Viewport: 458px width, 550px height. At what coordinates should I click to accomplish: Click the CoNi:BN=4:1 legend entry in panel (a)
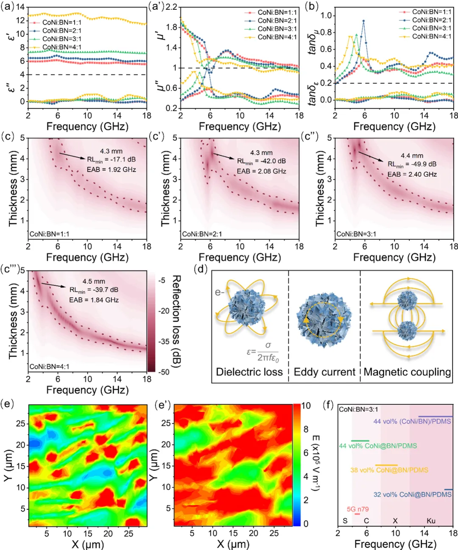(x=61, y=47)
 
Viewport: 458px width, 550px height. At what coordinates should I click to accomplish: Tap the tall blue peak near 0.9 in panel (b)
(x=363, y=21)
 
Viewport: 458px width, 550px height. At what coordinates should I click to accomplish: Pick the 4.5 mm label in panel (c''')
(x=94, y=281)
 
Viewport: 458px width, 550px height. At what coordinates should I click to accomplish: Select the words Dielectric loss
(x=249, y=372)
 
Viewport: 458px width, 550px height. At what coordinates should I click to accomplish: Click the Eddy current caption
(x=324, y=372)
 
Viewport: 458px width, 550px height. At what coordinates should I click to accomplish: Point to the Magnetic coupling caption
(x=407, y=372)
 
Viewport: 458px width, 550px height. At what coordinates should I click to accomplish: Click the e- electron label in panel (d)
(x=220, y=292)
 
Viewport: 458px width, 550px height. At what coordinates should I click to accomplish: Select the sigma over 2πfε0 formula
(x=263, y=352)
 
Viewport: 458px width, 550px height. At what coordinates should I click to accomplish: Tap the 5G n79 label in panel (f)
(x=357, y=509)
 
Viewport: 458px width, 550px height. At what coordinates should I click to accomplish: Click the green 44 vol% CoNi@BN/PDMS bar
(x=360, y=441)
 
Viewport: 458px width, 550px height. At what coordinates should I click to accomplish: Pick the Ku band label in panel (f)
(x=431, y=521)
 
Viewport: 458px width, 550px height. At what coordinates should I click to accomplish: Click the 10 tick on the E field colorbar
(x=306, y=406)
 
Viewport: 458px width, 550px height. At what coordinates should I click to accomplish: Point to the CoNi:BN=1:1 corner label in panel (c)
(x=49, y=234)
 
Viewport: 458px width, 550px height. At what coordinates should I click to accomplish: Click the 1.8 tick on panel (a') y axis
(x=171, y=27)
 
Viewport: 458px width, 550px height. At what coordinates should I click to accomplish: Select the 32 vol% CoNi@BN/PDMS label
(x=412, y=494)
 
